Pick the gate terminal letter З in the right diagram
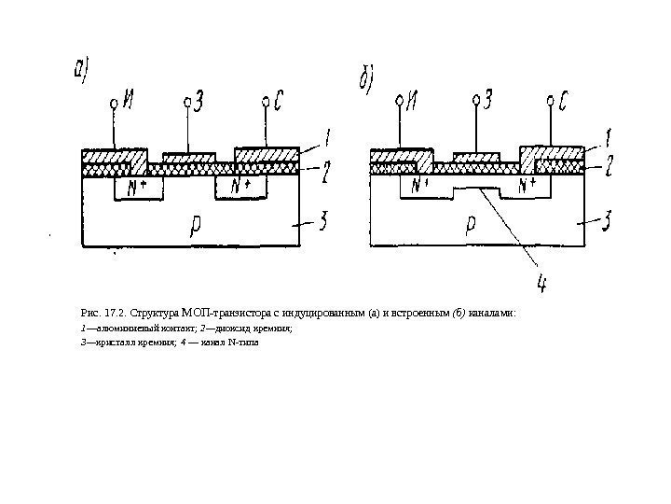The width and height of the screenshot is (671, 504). point(490,96)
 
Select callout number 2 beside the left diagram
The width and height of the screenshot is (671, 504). point(326,170)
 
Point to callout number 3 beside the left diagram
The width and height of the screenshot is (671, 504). point(322,221)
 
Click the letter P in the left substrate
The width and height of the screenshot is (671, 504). point(195,223)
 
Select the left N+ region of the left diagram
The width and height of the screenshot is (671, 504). point(137,187)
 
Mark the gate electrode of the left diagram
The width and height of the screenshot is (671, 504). point(189,156)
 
